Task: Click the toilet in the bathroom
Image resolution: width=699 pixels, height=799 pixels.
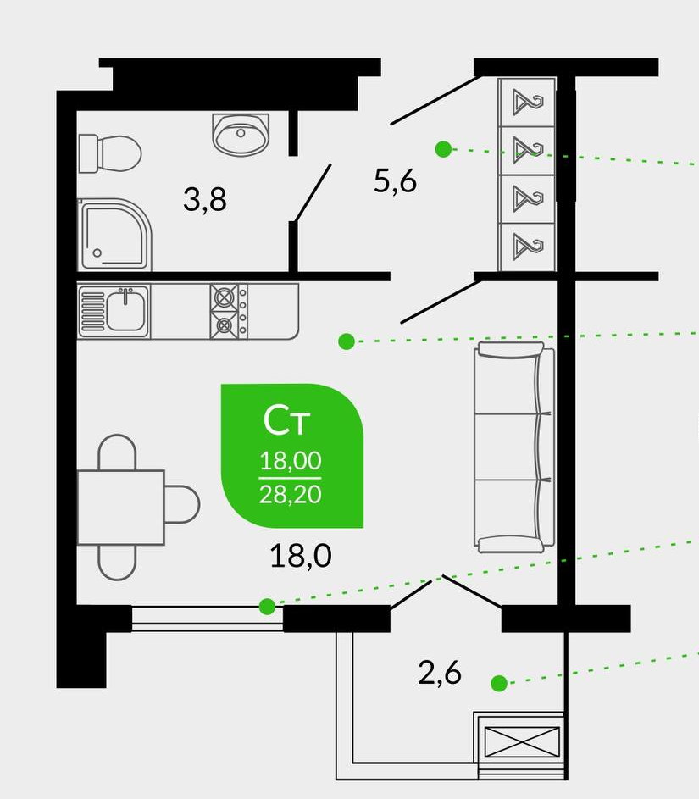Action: coord(109,153)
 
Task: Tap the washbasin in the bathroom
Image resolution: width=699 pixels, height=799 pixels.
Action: coord(241,134)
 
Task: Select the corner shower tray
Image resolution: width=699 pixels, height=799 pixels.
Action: coord(114,235)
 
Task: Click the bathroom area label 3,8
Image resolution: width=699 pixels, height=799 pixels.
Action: coord(205,199)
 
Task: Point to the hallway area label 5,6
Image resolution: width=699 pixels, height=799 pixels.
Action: coord(396,180)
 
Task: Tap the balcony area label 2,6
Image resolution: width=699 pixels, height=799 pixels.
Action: coord(440,673)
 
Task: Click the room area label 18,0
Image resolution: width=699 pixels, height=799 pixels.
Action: coord(301,556)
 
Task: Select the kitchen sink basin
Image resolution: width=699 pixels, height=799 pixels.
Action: coord(125,308)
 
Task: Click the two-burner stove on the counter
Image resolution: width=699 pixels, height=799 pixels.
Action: coord(229,311)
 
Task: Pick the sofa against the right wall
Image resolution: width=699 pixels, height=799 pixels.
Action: coord(513,447)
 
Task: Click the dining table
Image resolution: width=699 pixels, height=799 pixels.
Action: coord(121,507)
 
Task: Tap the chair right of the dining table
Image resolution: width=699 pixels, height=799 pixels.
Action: coord(182,504)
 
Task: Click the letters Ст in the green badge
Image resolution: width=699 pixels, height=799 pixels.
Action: coord(287,420)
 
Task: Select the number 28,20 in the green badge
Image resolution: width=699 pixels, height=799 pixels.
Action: coord(290,494)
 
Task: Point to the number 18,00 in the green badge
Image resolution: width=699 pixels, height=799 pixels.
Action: coord(291,461)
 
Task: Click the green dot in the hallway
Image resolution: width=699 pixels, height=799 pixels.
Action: coord(443,149)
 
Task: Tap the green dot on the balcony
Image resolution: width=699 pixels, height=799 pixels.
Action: coord(499,683)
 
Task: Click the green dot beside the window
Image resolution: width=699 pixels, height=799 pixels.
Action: coord(267,607)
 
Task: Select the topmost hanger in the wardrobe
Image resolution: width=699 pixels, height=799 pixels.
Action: coord(527,102)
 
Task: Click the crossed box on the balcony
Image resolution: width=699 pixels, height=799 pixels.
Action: coord(522,742)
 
